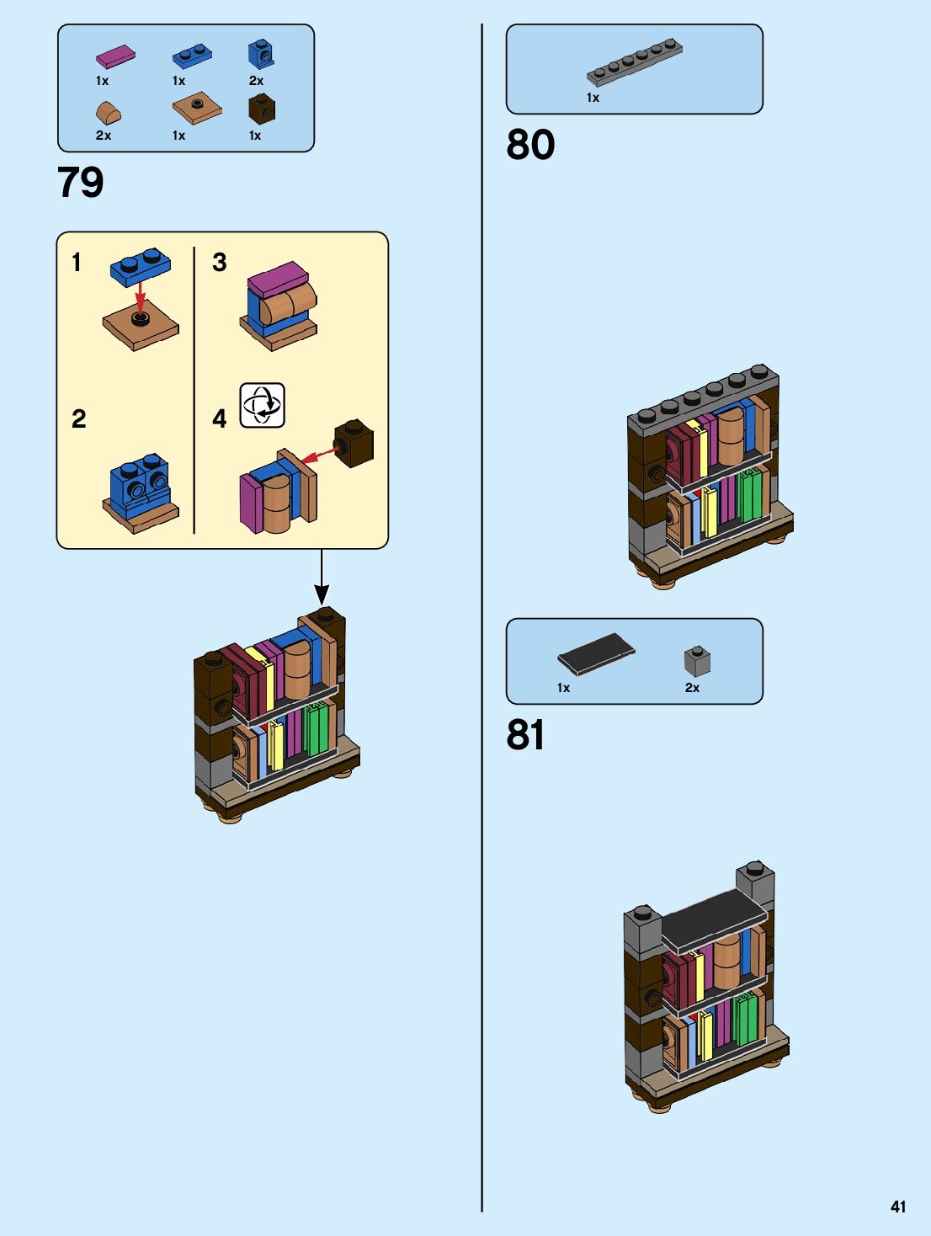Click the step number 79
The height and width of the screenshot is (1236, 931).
(81, 183)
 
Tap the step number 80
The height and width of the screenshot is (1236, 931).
(530, 145)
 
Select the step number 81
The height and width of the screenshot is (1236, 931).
(525, 735)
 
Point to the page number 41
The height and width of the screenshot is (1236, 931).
(898, 1207)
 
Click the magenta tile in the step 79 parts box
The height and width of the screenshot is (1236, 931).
(115, 56)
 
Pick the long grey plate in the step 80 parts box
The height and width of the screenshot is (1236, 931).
(635, 62)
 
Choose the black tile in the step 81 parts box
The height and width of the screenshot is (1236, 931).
(596, 653)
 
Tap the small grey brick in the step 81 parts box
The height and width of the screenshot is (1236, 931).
(697, 662)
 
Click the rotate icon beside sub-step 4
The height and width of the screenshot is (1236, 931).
(263, 405)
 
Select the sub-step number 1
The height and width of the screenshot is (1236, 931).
(77, 263)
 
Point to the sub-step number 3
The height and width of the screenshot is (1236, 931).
(220, 263)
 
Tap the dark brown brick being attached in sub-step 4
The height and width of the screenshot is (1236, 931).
(354, 443)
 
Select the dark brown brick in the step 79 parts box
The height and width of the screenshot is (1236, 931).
(262, 109)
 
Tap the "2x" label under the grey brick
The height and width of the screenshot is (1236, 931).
(692, 688)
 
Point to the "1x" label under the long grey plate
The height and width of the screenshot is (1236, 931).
(593, 98)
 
